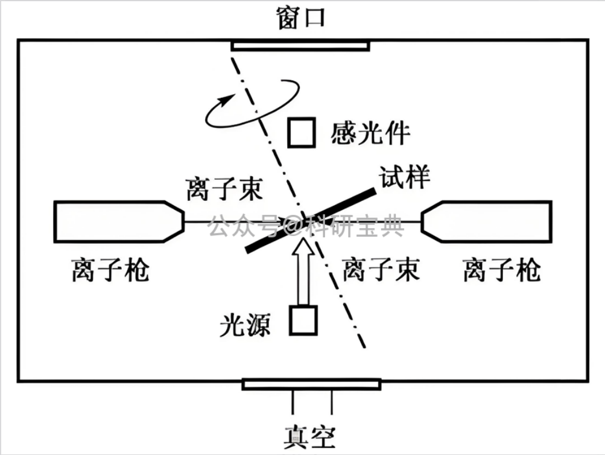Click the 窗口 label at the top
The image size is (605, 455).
coord(301,17)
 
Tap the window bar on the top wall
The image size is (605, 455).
coord(300,46)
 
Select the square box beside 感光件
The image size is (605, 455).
coord(302,133)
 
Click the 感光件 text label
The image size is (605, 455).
coord(370,133)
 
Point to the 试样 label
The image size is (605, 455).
coord(404,177)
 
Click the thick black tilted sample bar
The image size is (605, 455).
coord(311,220)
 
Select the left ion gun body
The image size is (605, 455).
coord(119,221)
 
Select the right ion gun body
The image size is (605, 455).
coord(487,221)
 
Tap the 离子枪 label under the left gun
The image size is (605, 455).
coord(110,270)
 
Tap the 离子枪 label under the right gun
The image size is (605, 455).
coord(502,270)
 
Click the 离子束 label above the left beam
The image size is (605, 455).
coord(224,189)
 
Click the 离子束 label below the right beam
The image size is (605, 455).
coord(381,269)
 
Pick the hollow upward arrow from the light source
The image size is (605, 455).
coord(303,272)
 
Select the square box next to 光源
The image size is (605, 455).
coord(303,320)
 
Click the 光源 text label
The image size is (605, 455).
coord(245,325)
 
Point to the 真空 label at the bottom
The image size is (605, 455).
coord(309,437)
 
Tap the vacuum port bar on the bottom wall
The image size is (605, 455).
coord(312,385)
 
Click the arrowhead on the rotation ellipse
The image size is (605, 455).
coord(226,100)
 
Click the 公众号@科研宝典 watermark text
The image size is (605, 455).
coord(306,226)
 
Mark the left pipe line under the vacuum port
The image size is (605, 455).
coord(293,402)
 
